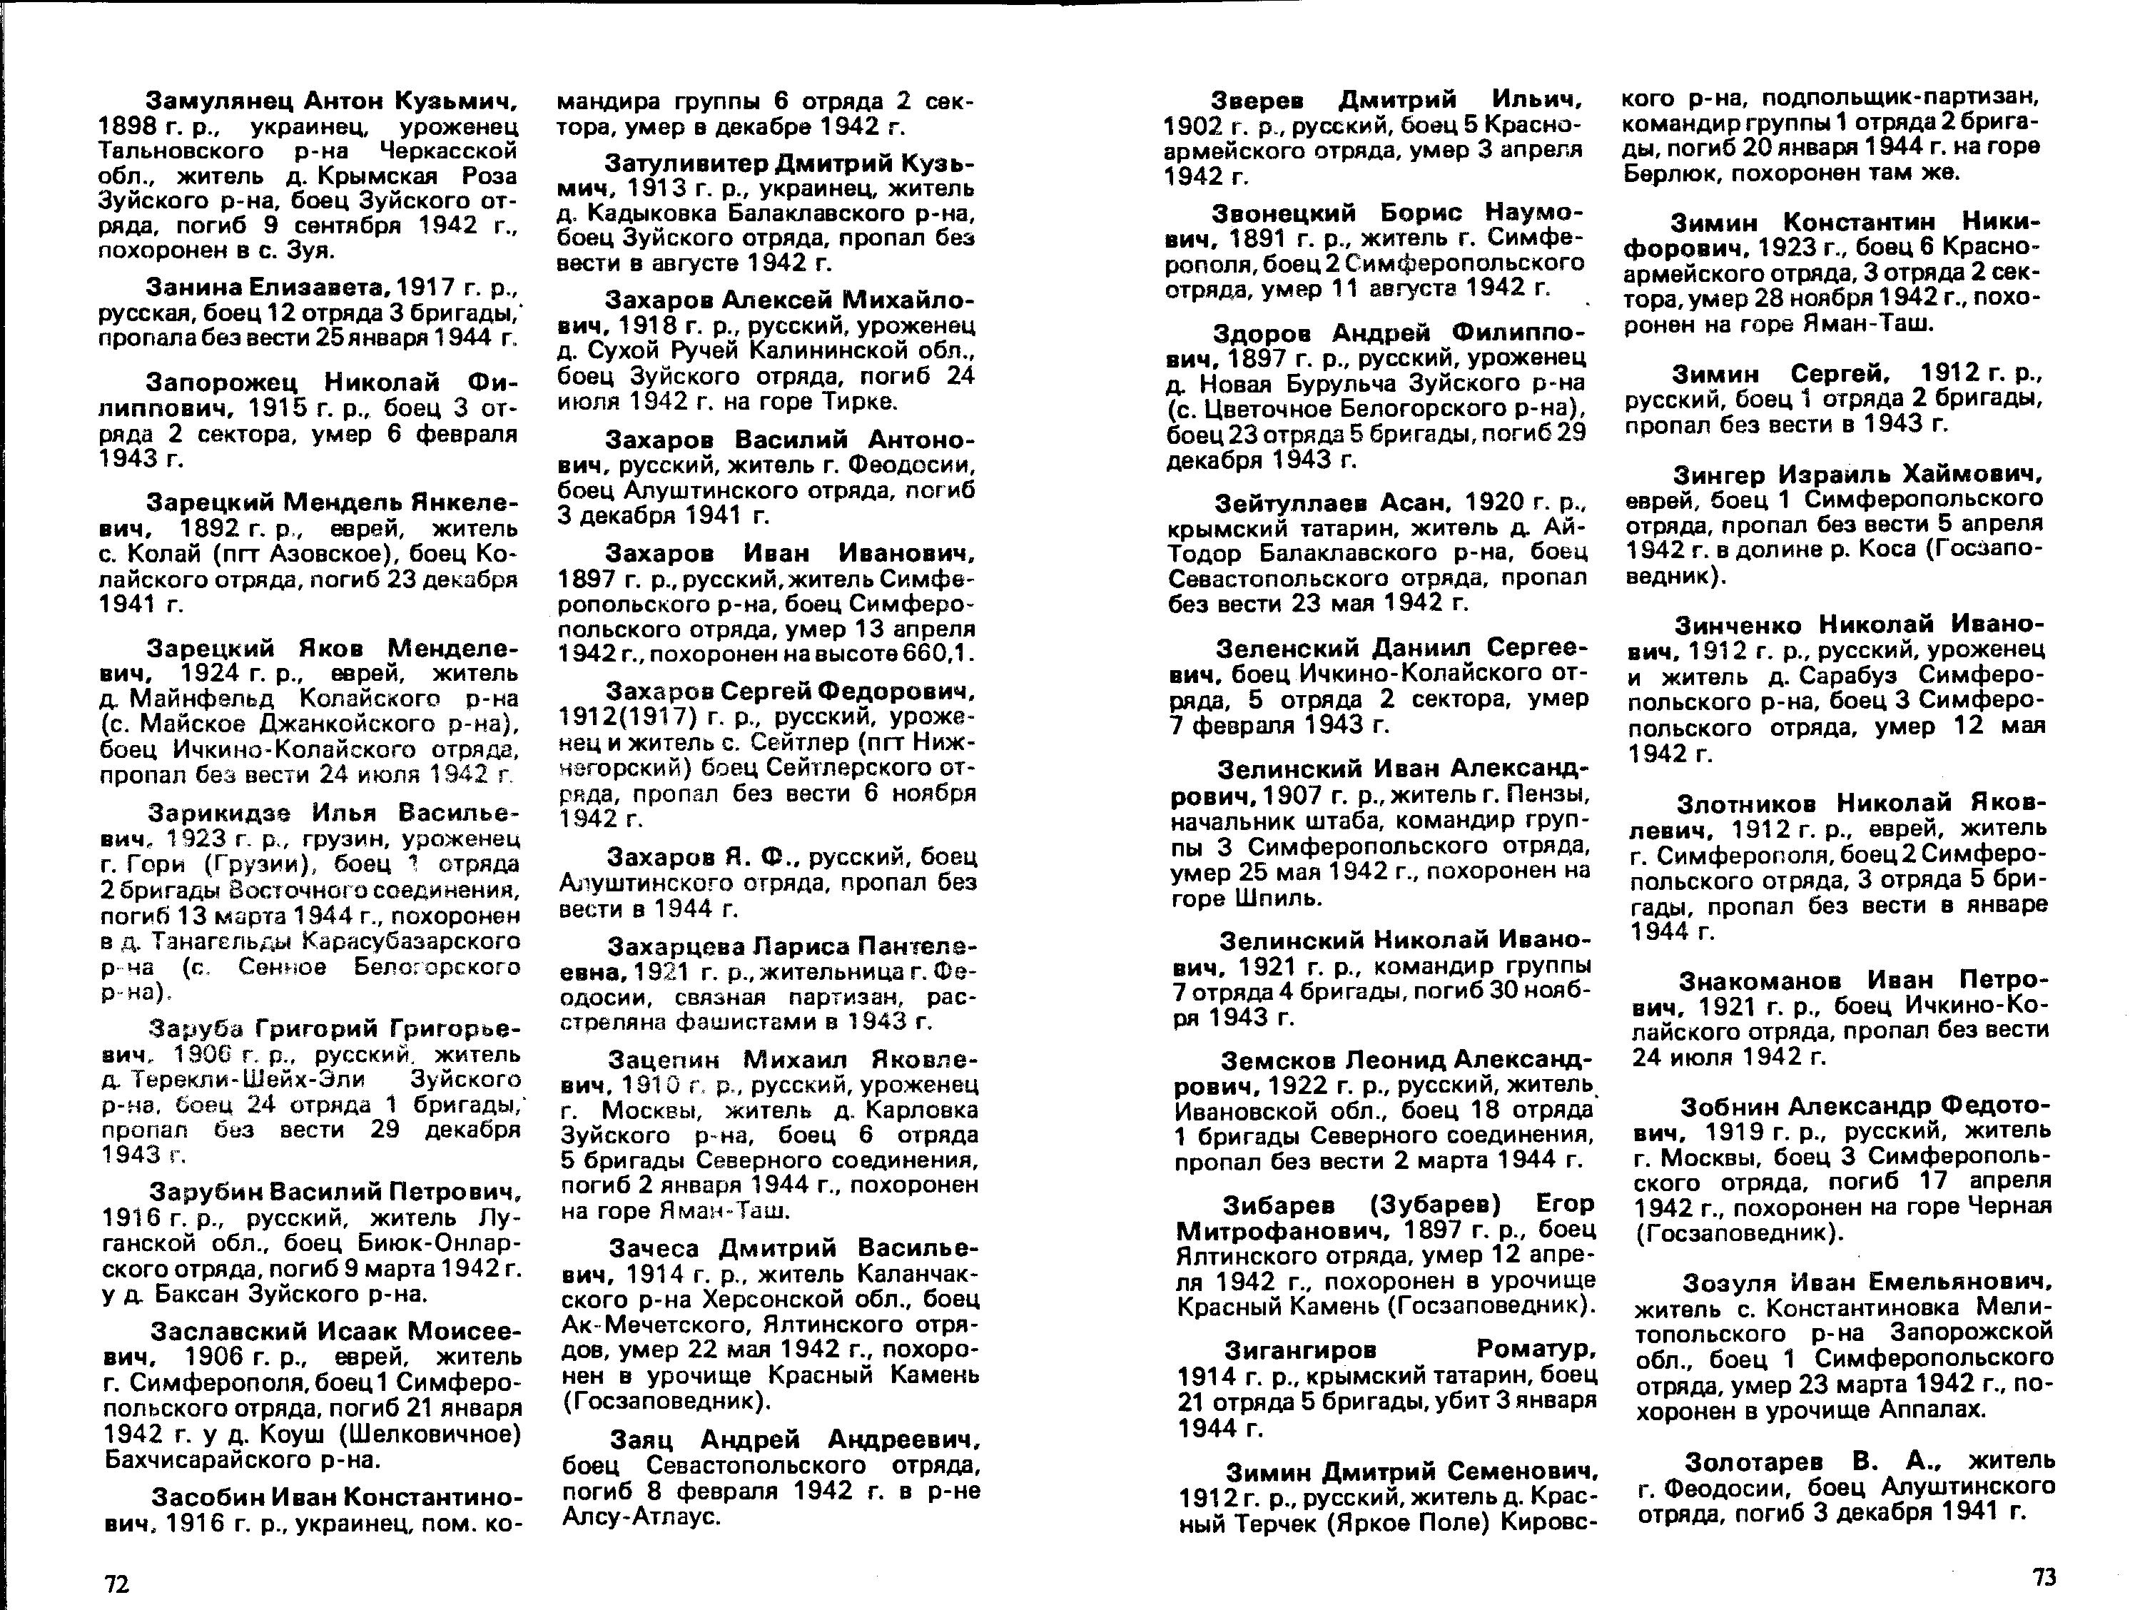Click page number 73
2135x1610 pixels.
tap(2044, 1577)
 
